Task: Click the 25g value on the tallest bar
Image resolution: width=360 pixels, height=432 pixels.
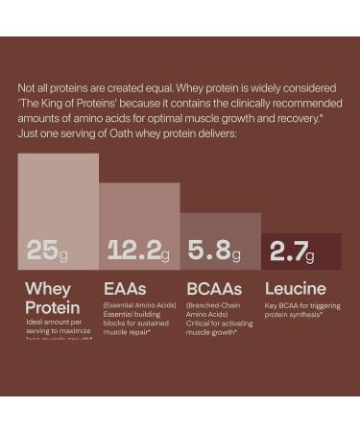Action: tap(47, 250)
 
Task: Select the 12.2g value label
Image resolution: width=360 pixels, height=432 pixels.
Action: tap(137, 251)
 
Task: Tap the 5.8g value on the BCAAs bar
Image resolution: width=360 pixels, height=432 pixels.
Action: tap(214, 251)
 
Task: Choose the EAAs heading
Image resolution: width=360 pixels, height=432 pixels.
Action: tap(125, 288)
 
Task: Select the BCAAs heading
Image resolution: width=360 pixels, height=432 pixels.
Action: tap(214, 288)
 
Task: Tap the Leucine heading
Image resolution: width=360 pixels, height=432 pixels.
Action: tap(295, 288)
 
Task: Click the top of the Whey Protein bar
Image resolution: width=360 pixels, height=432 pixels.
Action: tap(58, 156)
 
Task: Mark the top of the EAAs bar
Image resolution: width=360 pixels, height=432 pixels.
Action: tap(139, 185)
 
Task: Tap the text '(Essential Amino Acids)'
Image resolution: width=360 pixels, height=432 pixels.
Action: tap(139, 304)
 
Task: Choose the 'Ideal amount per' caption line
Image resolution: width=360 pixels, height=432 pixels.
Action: tap(53, 321)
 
